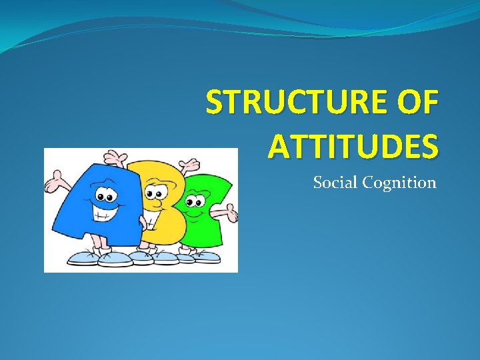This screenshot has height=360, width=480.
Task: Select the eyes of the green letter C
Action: tap(195, 199)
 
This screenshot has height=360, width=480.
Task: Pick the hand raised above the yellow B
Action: tap(121, 159)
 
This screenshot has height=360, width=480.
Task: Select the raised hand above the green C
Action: tap(191, 163)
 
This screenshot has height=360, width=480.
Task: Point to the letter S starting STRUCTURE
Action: tap(214, 105)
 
